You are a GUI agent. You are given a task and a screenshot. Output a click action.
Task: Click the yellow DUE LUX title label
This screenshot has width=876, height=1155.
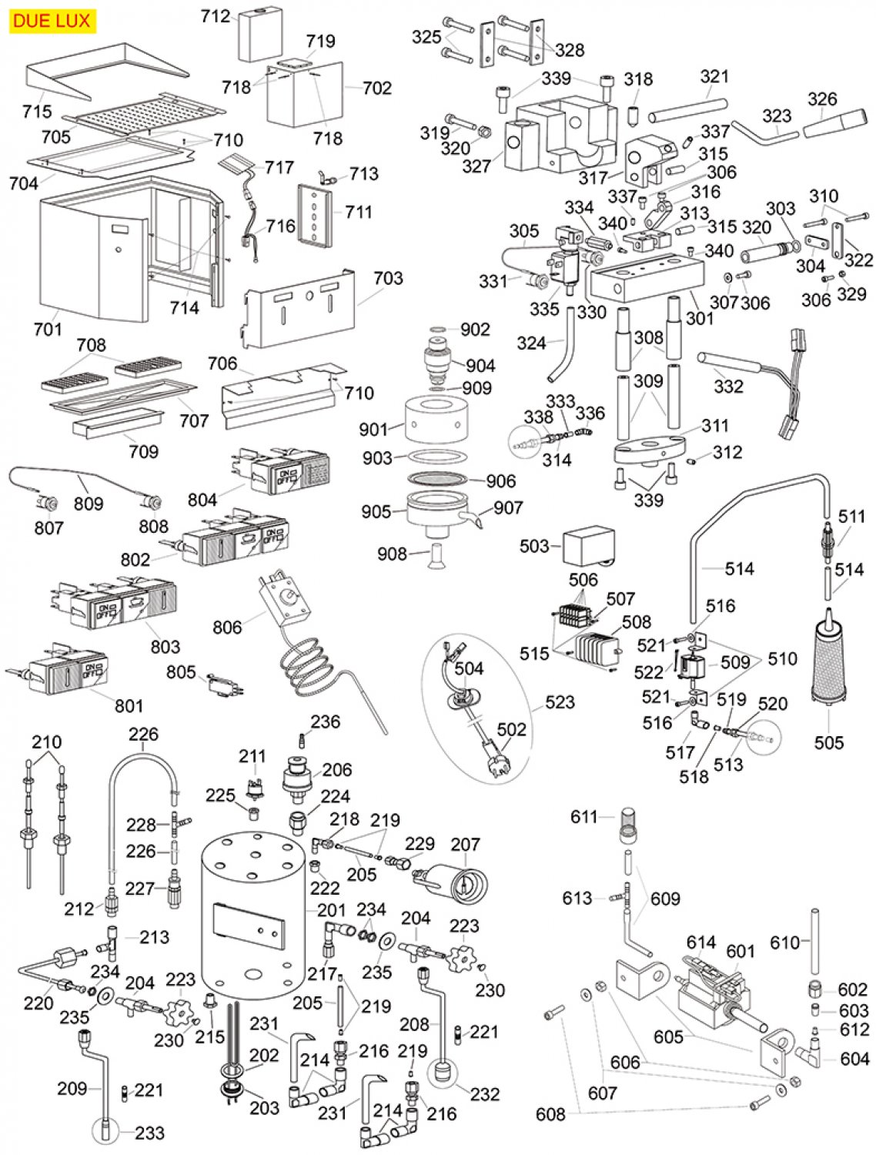click(x=52, y=21)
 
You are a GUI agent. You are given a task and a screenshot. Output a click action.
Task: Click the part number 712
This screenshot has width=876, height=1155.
click(x=216, y=16)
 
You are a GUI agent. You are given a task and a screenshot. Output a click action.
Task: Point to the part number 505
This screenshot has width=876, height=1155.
click(x=829, y=742)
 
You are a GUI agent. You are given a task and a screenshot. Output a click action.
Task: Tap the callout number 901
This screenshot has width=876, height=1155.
click(x=373, y=430)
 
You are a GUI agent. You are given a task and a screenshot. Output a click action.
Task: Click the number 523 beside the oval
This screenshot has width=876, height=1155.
click(x=560, y=701)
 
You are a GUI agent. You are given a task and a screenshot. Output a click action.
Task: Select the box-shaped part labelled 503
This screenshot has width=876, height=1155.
click(x=588, y=547)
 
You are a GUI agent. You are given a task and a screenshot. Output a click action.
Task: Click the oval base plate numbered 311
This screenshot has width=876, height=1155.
click(x=650, y=450)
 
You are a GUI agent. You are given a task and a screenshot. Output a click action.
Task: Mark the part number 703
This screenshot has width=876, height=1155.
click(x=388, y=278)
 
